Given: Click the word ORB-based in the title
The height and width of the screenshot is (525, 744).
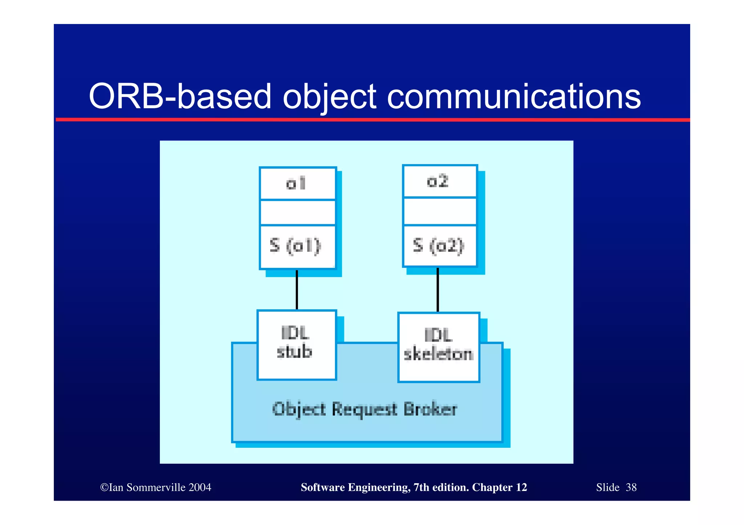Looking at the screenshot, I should click(x=180, y=97).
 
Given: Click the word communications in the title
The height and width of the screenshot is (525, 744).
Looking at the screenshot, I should click(x=514, y=97).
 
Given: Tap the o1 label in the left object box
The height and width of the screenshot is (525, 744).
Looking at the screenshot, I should click(x=296, y=184).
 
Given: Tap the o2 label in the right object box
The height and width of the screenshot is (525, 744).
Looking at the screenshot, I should click(x=438, y=181).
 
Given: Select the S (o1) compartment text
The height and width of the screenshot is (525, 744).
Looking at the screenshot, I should click(x=296, y=246).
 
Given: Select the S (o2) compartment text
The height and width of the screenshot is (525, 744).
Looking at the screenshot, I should click(x=439, y=246).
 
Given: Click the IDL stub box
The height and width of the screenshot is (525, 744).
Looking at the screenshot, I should click(x=296, y=345).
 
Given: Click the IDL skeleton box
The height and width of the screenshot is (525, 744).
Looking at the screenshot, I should click(x=439, y=347).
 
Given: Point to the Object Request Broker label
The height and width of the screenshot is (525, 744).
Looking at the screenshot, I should click(x=364, y=410).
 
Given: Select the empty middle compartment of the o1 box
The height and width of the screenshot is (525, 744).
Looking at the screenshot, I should click(x=298, y=213).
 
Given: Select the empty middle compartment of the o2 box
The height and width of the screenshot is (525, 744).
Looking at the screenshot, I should click(x=440, y=212).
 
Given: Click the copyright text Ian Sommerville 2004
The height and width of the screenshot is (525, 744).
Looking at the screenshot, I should click(x=156, y=487).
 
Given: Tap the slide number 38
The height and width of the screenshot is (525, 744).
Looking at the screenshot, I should click(x=631, y=487).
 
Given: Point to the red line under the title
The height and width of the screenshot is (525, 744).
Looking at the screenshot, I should click(x=372, y=120).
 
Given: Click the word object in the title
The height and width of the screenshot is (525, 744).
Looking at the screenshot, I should click(x=329, y=97).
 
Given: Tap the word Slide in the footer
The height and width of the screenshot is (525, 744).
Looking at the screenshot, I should click(x=607, y=487).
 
